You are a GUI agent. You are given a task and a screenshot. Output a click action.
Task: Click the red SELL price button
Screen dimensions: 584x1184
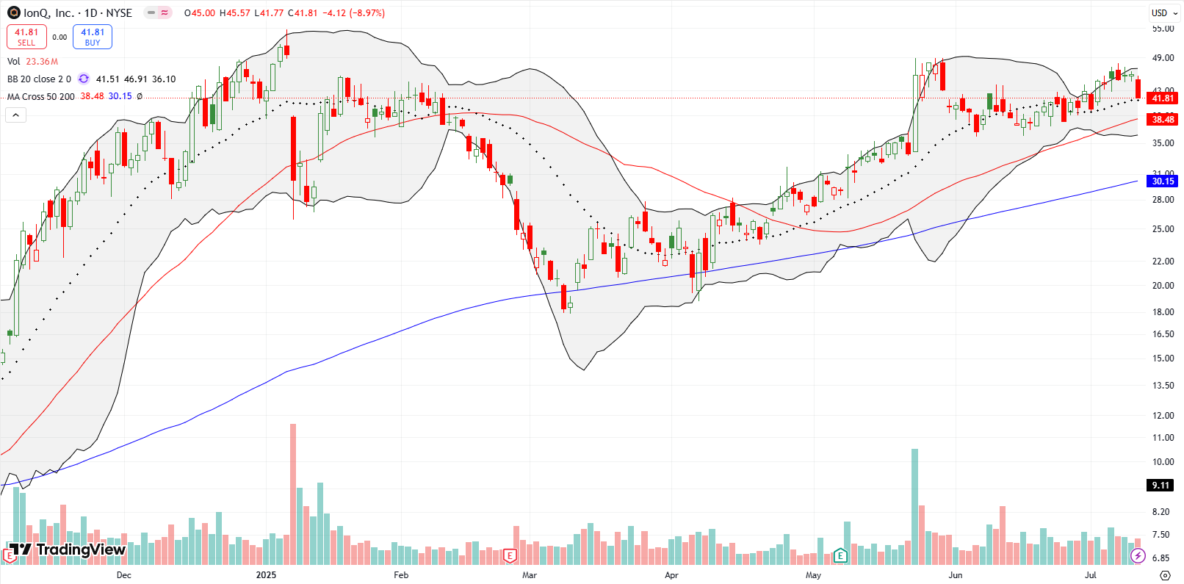click(x=26, y=37)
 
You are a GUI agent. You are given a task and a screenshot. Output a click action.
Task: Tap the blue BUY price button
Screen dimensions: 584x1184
click(x=93, y=37)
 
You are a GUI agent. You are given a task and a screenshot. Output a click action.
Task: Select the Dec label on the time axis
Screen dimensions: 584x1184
click(x=123, y=575)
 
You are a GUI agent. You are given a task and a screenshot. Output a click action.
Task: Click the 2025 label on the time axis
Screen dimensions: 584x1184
click(x=266, y=575)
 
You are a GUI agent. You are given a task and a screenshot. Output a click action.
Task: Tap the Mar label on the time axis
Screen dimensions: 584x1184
click(x=529, y=575)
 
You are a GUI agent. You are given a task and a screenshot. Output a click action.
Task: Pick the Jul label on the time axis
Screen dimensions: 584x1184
click(x=1090, y=575)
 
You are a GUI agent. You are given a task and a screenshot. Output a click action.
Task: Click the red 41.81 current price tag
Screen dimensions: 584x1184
click(x=1162, y=98)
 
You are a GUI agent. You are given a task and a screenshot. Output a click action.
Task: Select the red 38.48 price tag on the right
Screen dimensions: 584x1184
click(x=1162, y=120)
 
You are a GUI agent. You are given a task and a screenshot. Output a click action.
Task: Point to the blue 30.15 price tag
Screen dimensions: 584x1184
click(x=1162, y=181)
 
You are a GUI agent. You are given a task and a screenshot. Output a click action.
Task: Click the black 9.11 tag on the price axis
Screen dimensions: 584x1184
click(x=1160, y=485)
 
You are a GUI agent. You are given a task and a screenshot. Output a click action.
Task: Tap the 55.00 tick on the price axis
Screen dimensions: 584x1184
click(x=1162, y=29)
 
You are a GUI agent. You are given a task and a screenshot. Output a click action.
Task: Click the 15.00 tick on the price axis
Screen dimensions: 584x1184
click(x=1162, y=358)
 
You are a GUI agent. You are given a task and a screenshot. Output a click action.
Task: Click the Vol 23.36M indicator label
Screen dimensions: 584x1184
click(x=32, y=62)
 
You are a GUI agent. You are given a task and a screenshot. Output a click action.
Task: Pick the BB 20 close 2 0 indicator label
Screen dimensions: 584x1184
click(x=39, y=79)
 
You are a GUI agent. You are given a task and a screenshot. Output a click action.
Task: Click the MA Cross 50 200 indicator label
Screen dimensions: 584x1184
click(x=41, y=96)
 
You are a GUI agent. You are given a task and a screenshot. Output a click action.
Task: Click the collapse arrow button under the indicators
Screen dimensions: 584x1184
click(x=15, y=115)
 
